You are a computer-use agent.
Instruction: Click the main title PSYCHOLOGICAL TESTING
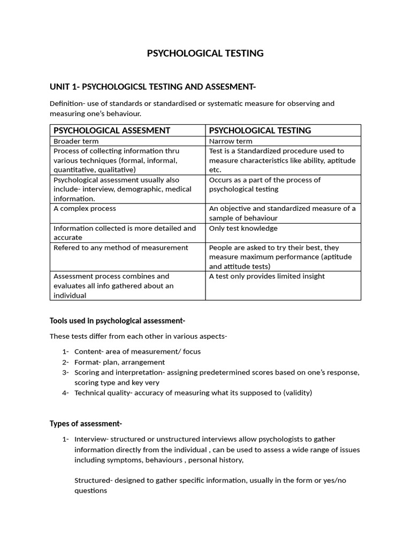pyautogui.click(x=205, y=53)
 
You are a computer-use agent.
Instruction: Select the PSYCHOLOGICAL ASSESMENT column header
pyautogui.click(x=112, y=131)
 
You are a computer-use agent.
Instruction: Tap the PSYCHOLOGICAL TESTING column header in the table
pyautogui.click(x=260, y=131)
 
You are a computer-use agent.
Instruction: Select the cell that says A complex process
pyautogui.click(x=85, y=209)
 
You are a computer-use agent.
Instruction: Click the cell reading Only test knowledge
pyautogui.click(x=243, y=229)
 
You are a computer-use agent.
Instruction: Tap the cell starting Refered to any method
pyautogui.click(x=120, y=248)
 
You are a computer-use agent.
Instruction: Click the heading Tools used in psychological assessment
pyautogui.click(x=117, y=321)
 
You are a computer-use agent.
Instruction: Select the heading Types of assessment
pyautogui.click(x=86, y=423)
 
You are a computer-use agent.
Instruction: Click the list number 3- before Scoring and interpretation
pyautogui.click(x=65, y=372)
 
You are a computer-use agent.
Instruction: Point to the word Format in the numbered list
pyautogui.click(x=86, y=362)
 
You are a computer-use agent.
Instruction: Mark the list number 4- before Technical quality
pyautogui.click(x=65, y=393)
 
